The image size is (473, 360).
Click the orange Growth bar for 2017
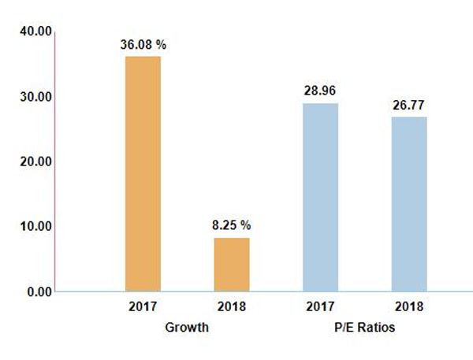tap(143, 173)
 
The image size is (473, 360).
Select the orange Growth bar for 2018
tap(232, 264)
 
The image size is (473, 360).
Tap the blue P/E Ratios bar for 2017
tap(320, 197)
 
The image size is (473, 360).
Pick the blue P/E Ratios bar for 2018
tap(409, 204)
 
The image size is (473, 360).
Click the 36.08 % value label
tap(143, 45)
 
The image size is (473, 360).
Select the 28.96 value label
tap(320, 91)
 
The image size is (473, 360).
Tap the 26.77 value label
tap(409, 105)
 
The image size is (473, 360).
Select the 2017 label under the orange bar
tap(143, 307)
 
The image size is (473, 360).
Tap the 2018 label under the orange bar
tap(232, 307)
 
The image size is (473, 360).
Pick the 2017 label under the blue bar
tap(320, 307)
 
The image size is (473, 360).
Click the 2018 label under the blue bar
tap(409, 307)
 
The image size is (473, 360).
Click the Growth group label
tap(187, 326)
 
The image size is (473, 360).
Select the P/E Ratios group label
tap(364, 326)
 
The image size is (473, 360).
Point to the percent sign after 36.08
tap(161, 45)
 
